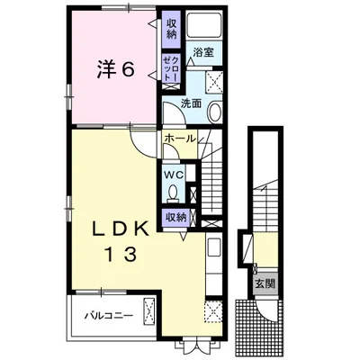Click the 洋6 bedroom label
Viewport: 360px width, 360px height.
(115, 69)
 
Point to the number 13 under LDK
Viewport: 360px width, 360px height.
(121, 255)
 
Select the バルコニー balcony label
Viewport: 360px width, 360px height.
(108, 316)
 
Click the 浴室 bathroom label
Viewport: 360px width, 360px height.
(203, 52)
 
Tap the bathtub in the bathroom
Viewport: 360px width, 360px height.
(203, 24)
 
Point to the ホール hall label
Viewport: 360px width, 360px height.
(180, 139)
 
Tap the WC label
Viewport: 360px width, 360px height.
(173, 175)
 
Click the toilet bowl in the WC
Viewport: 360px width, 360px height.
(173, 193)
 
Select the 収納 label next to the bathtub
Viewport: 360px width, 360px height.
(171, 29)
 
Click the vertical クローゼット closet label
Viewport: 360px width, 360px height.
(171, 68)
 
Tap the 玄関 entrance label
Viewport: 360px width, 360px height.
(265, 283)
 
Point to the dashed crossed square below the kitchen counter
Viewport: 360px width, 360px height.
(214, 311)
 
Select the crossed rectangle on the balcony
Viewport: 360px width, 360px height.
(149, 312)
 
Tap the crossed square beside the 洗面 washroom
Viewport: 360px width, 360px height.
(214, 81)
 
